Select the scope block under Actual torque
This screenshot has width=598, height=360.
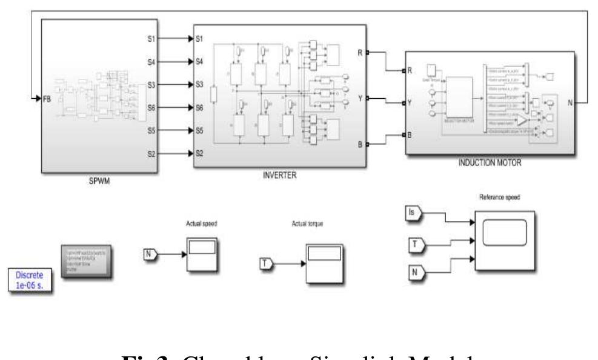(322, 262)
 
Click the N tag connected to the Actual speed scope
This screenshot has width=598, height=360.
(150, 253)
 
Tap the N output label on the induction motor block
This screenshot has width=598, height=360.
(569, 102)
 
